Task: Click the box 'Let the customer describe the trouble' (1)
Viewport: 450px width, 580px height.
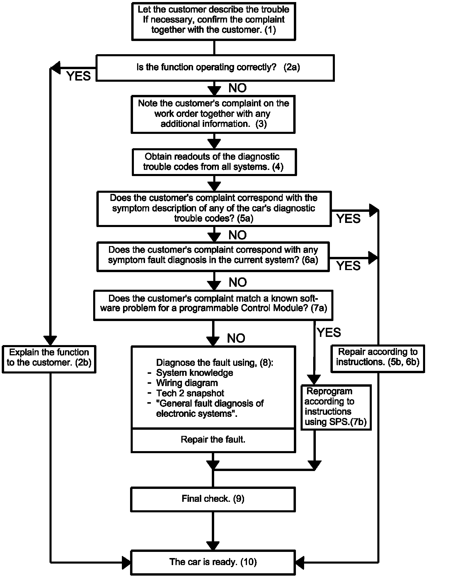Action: (x=214, y=21)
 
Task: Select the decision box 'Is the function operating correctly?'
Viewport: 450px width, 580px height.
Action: (x=215, y=68)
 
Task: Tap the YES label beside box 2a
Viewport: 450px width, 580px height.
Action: (x=79, y=76)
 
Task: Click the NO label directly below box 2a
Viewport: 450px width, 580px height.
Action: (x=238, y=88)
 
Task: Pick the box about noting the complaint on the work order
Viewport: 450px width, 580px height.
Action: (x=213, y=114)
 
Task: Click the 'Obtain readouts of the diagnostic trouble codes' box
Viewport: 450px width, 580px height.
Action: (x=214, y=162)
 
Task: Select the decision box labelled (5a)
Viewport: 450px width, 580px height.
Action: (x=214, y=209)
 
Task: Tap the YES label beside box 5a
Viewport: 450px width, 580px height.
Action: (x=348, y=219)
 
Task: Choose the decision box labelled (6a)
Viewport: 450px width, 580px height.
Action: (x=213, y=256)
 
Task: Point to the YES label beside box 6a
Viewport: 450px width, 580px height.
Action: (x=348, y=266)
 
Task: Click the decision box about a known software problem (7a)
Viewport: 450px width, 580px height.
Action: (x=213, y=305)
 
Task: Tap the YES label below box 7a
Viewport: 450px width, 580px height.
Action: (x=329, y=332)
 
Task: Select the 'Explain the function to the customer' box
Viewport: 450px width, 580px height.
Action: (x=49, y=359)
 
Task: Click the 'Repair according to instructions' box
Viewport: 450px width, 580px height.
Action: (x=378, y=359)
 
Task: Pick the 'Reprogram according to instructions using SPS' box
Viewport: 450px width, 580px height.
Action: (x=336, y=407)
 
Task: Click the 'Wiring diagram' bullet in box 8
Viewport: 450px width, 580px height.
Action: (x=187, y=383)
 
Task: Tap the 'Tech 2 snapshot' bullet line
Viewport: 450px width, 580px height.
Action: (x=190, y=393)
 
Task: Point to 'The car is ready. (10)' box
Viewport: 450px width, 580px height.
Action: (x=213, y=562)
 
